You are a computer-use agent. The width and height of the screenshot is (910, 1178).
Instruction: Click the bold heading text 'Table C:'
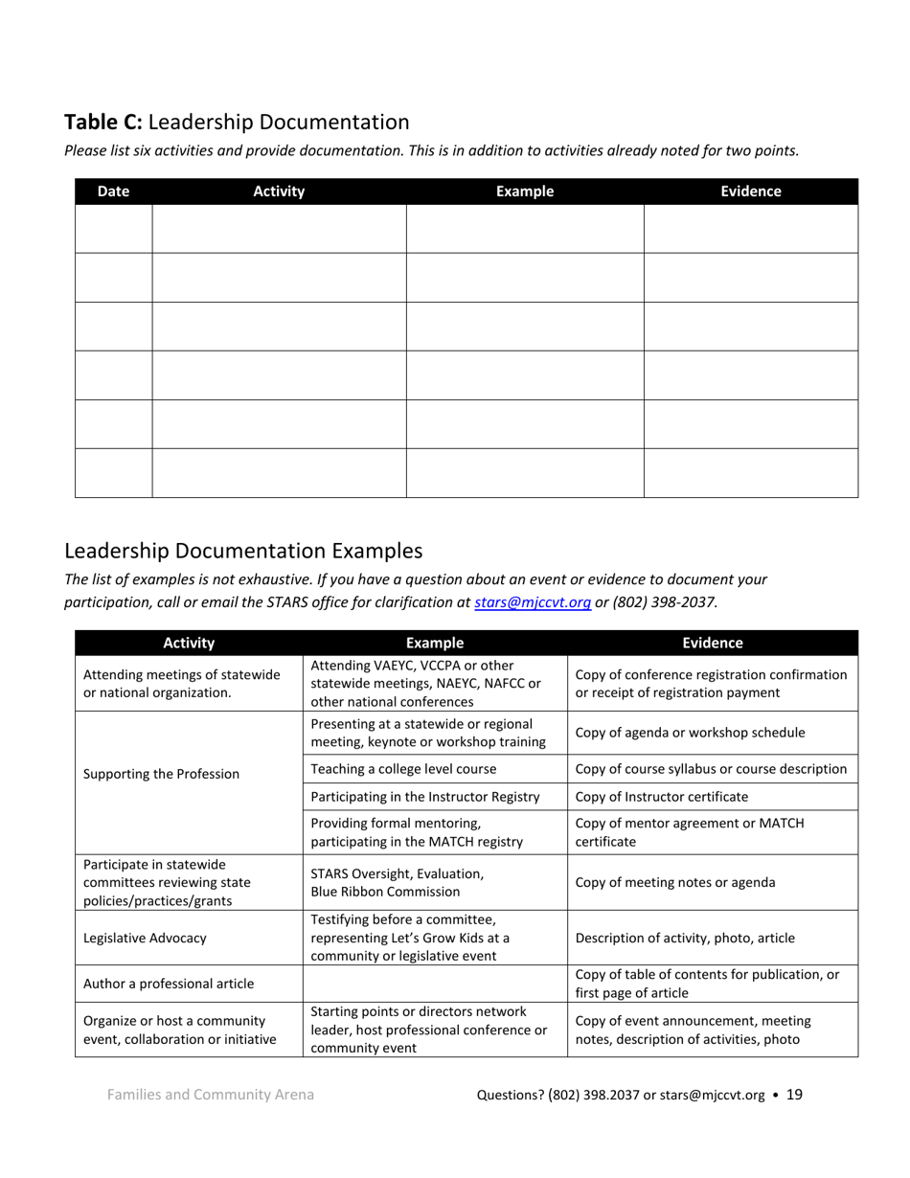pyautogui.click(x=103, y=123)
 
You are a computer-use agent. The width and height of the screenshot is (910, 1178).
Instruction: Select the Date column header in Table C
pyautogui.click(x=113, y=192)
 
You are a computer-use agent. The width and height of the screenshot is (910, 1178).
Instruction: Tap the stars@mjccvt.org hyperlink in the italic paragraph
pyautogui.click(x=532, y=602)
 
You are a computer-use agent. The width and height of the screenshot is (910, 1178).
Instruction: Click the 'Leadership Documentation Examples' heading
pyautogui.click(x=242, y=551)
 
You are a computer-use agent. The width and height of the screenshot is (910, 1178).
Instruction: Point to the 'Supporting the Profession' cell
pyautogui.click(x=162, y=774)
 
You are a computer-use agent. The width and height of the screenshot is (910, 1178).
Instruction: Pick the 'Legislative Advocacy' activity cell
pyautogui.click(x=146, y=938)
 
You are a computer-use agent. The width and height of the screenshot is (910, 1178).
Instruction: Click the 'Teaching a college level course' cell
pyautogui.click(x=403, y=769)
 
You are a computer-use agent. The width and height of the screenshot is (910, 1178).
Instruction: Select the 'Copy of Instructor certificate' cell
pyautogui.click(x=662, y=797)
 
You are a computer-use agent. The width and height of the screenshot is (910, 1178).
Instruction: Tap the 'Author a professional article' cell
pyautogui.click(x=170, y=984)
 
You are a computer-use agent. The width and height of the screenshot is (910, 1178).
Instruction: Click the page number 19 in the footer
pyautogui.click(x=794, y=1095)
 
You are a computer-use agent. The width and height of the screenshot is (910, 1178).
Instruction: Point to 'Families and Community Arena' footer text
pyautogui.click(x=210, y=1095)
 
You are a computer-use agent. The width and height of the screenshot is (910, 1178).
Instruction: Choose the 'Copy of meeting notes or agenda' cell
pyautogui.click(x=675, y=882)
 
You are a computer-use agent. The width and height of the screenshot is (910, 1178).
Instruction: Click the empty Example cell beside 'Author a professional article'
pyautogui.click(x=435, y=984)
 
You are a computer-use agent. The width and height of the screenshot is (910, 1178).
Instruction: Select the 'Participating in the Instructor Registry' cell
pyautogui.click(x=425, y=797)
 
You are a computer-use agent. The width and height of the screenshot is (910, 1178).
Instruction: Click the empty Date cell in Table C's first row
pyautogui.click(x=113, y=229)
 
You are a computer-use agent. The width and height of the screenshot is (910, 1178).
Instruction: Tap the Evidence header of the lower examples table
pyautogui.click(x=712, y=644)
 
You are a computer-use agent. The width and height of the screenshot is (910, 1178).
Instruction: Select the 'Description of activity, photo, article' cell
pyautogui.click(x=685, y=938)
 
